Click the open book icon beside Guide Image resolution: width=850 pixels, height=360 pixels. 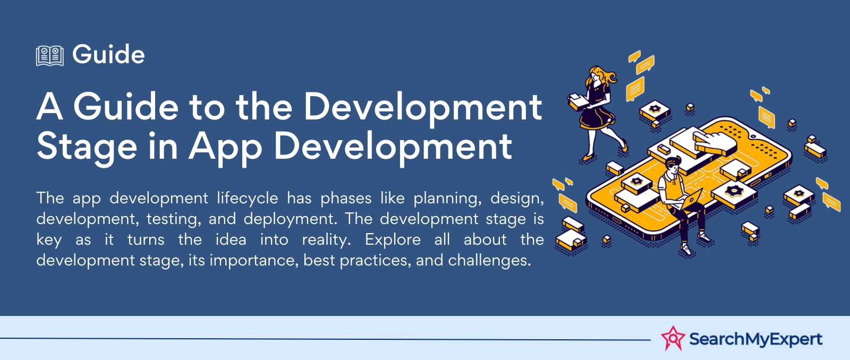(49, 55)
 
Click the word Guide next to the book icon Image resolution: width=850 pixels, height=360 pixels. (108, 55)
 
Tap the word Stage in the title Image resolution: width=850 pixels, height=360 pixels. (87, 147)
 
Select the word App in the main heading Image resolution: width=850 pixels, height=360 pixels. (225, 147)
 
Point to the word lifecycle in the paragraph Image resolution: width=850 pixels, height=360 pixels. (247, 198)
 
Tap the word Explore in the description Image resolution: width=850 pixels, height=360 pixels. (393, 239)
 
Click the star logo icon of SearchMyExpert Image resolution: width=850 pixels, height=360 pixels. (673, 338)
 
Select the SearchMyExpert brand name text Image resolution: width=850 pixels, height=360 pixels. (755, 339)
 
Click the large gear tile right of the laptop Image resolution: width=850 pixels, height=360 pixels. (734, 192)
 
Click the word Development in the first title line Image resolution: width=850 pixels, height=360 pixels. (422, 106)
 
